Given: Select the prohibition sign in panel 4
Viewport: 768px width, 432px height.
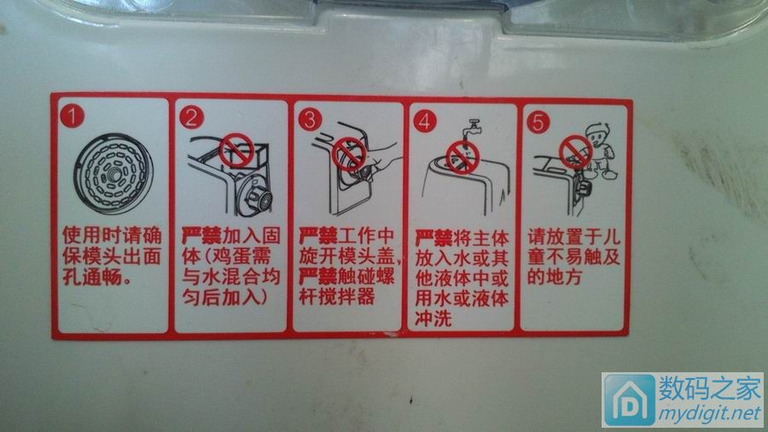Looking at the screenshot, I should [462, 155].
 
